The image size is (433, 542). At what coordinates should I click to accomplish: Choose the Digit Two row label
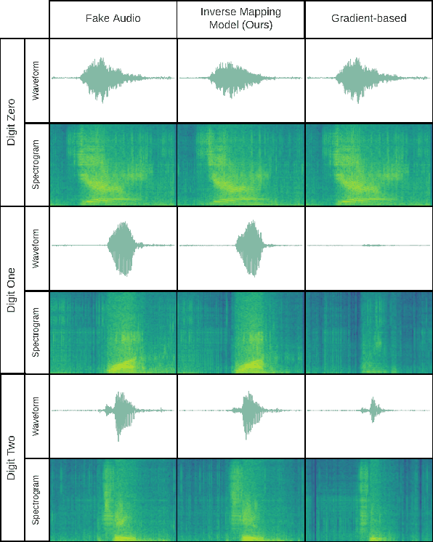coord(12,457)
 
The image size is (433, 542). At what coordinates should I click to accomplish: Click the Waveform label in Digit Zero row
coord(36,80)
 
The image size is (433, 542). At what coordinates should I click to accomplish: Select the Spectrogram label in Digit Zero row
coord(36,164)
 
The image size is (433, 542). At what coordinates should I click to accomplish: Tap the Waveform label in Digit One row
coord(36,248)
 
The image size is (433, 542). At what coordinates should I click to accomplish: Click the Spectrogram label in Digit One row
coord(36,332)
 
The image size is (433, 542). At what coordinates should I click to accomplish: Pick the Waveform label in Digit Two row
coord(36,416)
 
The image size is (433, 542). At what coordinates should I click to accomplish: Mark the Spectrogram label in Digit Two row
coord(36,500)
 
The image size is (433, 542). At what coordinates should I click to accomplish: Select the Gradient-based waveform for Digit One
coord(368,246)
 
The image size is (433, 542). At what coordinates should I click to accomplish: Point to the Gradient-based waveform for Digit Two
coord(368,412)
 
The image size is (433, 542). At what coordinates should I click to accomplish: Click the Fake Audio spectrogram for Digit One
coord(113,332)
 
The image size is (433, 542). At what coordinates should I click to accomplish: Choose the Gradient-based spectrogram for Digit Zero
coord(368,164)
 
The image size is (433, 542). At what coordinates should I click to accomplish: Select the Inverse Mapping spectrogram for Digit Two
coord(240,500)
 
